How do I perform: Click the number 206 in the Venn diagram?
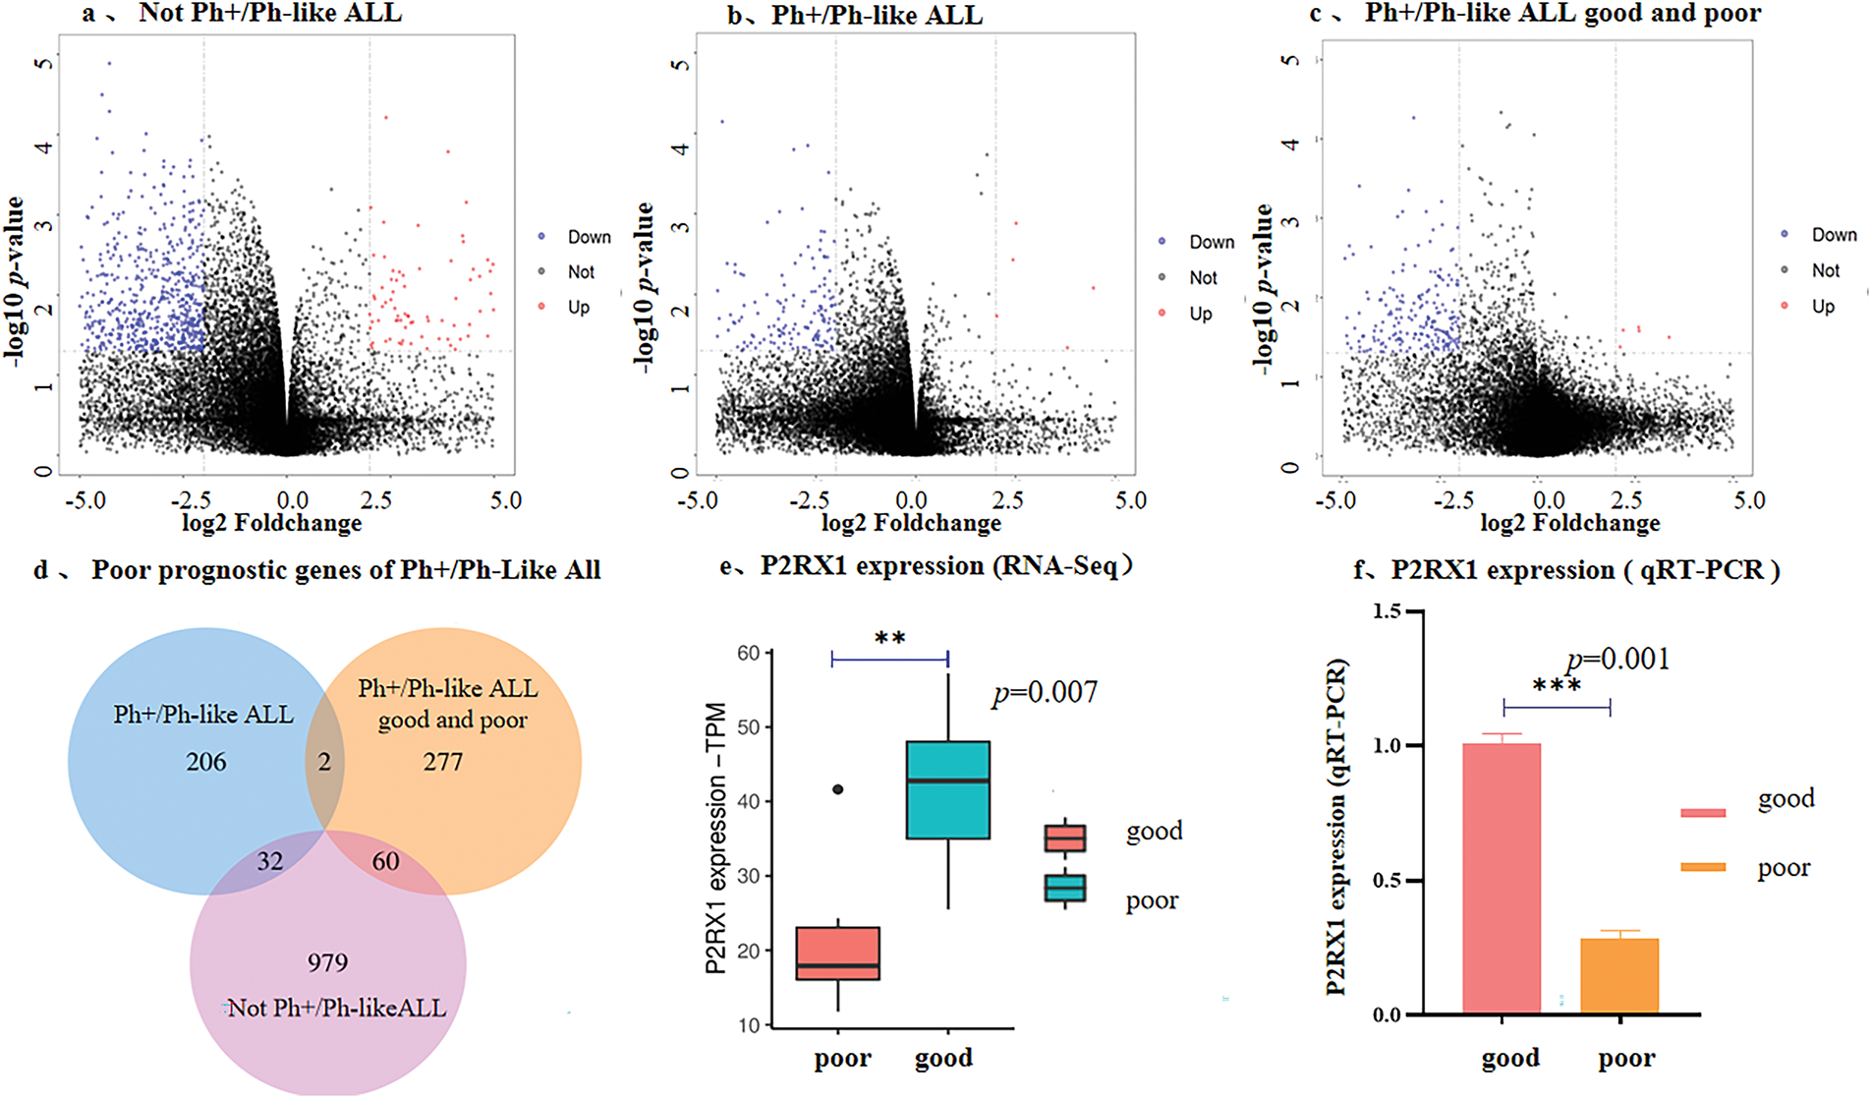tap(206, 762)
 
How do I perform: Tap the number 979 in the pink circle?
tap(327, 962)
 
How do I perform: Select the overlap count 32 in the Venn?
tap(270, 862)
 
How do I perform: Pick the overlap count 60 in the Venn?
tap(385, 862)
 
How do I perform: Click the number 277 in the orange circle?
tap(443, 762)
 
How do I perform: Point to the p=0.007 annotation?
tap(1045, 693)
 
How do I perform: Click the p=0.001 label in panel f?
tap(1617, 659)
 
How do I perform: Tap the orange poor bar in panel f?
tap(1619, 975)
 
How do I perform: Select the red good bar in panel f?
tap(1502, 878)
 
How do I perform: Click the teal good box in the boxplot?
tap(948, 790)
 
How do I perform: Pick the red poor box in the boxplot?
tap(838, 954)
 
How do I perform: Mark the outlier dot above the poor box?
tap(838, 789)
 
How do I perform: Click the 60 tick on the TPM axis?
tap(749, 654)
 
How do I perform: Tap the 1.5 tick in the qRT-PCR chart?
tap(1388, 611)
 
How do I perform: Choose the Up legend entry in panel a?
tap(579, 308)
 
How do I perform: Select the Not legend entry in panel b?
tap(1203, 278)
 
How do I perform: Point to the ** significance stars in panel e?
tap(889, 639)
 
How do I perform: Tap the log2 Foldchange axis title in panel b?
tap(911, 523)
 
